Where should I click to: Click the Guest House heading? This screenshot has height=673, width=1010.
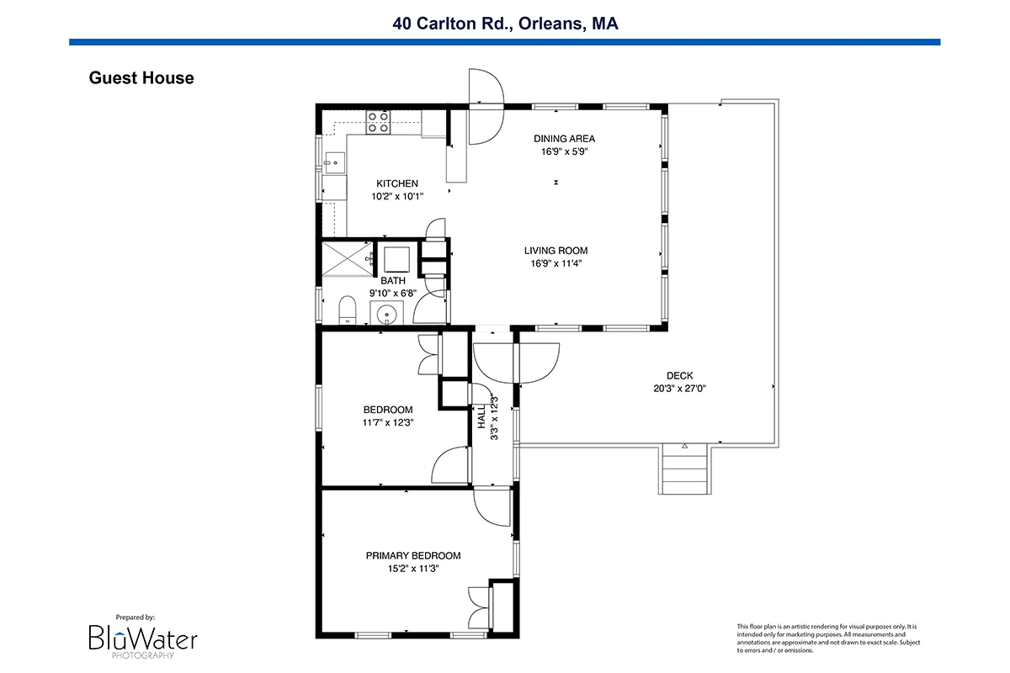[141, 78]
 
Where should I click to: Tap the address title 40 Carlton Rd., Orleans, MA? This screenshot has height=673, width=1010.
[505, 24]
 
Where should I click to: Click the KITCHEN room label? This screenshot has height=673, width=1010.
[397, 183]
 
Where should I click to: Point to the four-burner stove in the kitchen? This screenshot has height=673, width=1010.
[378, 122]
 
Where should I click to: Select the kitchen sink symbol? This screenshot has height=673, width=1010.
[334, 162]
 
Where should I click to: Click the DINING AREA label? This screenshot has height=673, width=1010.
[564, 139]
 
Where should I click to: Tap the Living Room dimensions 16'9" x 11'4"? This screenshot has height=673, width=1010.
[556, 263]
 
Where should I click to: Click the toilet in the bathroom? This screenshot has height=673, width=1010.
[347, 310]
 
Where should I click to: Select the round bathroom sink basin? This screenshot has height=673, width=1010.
[386, 313]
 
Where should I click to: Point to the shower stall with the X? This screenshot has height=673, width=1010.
[347, 259]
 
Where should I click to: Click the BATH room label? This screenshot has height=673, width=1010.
[393, 281]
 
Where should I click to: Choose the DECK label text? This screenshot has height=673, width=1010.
[679, 375]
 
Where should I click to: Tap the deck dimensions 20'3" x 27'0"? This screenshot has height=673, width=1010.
[679, 388]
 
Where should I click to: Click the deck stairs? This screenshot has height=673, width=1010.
[684, 469]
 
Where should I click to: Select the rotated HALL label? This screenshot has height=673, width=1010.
[481, 416]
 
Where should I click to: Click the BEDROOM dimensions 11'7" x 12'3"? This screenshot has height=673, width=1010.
[388, 422]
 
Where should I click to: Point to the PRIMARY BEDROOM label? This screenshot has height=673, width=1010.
[413, 556]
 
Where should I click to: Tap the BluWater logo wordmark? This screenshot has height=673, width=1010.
[143, 639]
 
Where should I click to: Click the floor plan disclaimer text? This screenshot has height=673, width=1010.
[828, 639]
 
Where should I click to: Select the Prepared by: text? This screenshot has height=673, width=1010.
[136, 617]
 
